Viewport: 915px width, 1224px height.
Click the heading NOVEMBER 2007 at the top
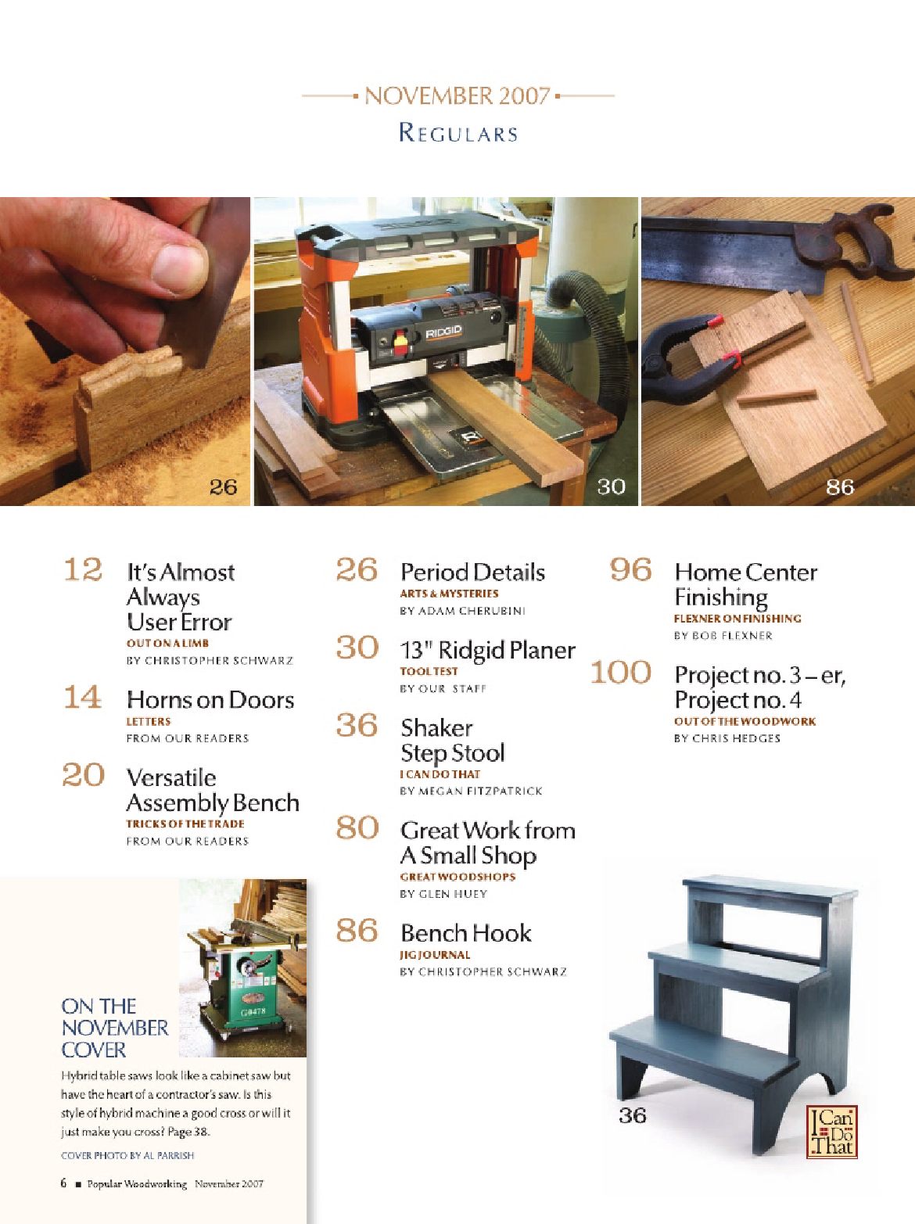(x=457, y=96)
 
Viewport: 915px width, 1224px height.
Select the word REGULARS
(x=458, y=133)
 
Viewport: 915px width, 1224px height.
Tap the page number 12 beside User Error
(x=83, y=569)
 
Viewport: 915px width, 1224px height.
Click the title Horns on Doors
(x=210, y=700)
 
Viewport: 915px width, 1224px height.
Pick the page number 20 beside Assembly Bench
(x=83, y=775)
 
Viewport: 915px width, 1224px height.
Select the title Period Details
(x=472, y=573)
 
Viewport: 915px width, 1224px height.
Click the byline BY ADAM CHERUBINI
(x=463, y=611)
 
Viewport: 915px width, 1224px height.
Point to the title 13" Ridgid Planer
(x=487, y=650)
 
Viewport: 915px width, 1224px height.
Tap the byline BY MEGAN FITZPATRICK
(x=471, y=791)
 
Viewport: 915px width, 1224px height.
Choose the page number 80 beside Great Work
(x=357, y=827)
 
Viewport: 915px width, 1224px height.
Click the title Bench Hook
(x=465, y=933)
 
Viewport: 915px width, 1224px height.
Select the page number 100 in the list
(x=621, y=672)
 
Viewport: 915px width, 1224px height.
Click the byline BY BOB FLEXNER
(x=723, y=636)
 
